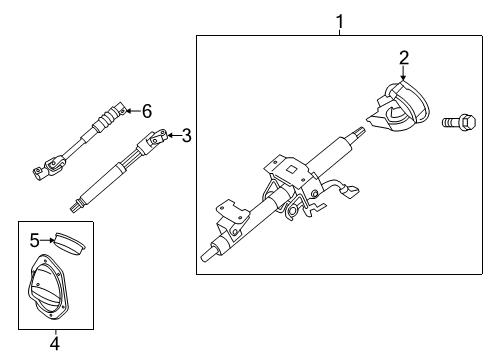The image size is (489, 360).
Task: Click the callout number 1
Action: (339, 20)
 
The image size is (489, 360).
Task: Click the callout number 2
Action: (404, 58)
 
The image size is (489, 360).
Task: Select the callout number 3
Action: (186, 135)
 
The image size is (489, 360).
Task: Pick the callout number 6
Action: (146, 111)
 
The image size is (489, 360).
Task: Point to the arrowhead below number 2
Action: (404, 78)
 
